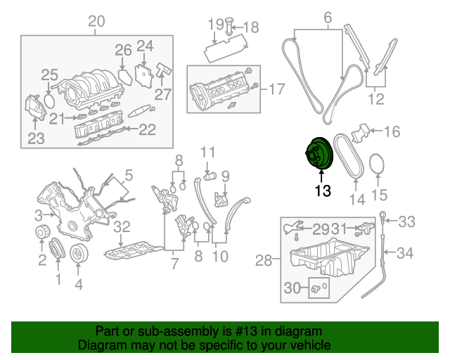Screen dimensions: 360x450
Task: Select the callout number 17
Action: tap(276, 89)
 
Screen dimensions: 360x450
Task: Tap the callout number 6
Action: tap(327, 16)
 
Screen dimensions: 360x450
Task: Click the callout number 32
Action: tap(122, 226)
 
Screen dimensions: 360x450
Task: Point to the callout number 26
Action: tap(123, 50)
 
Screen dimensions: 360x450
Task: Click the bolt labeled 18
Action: tap(229, 29)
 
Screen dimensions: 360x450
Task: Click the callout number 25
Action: tap(49, 75)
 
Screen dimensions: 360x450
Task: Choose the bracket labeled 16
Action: tap(361, 131)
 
